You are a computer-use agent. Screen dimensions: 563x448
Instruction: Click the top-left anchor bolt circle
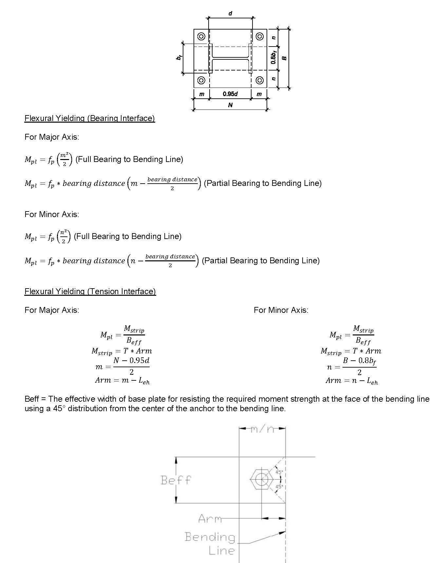(x=201, y=36)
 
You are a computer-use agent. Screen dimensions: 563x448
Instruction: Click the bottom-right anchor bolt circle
(x=260, y=80)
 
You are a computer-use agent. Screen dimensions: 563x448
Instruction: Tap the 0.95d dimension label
(x=230, y=94)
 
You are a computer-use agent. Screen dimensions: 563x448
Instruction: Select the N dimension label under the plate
(x=230, y=105)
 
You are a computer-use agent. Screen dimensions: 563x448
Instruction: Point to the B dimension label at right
(x=284, y=58)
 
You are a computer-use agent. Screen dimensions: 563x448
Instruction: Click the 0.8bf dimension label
(x=273, y=57)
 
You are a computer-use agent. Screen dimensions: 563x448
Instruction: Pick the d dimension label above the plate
(x=230, y=13)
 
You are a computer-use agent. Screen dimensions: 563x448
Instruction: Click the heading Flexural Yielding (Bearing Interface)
(x=89, y=118)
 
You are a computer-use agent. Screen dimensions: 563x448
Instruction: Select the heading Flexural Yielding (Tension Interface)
(x=90, y=292)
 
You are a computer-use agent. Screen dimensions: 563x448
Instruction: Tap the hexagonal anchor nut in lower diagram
(x=261, y=480)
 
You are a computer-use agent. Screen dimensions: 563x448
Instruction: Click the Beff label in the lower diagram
(x=176, y=480)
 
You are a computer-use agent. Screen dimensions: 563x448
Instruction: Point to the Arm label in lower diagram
(x=210, y=519)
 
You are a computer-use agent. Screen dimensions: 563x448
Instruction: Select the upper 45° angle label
(x=279, y=472)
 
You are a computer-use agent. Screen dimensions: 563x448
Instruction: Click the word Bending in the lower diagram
(x=210, y=537)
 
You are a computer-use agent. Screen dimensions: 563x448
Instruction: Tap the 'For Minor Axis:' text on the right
(x=281, y=310)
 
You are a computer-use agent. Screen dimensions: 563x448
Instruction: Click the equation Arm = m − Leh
(x=122, y=380)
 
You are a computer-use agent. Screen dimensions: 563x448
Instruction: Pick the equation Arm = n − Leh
(x=351, y=381)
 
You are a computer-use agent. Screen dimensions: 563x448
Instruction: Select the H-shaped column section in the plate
(x=230, y=58)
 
